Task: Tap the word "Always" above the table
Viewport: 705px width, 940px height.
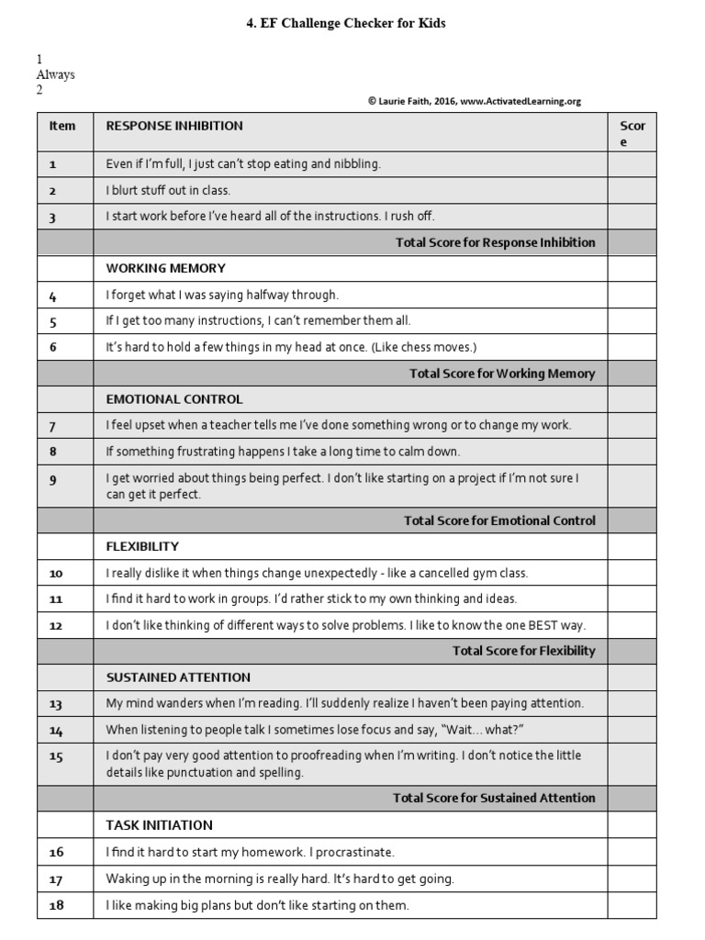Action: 55,74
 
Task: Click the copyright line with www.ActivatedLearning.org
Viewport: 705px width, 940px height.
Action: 474,102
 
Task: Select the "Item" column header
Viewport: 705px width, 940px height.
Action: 62,126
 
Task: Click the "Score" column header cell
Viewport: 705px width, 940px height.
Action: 632,134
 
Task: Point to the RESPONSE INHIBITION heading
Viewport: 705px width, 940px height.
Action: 174,126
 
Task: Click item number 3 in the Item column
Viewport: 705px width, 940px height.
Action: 53,218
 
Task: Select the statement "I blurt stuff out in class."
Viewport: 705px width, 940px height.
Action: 168,191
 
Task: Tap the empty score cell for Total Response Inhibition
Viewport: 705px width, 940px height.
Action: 632,242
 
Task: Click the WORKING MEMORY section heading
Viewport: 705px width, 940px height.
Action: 165,269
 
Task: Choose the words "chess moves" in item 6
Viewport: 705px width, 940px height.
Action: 441,347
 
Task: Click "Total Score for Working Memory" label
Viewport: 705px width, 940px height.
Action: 501,374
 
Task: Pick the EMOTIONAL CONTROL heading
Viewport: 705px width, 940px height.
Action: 174,399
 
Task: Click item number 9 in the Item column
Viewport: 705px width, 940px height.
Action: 53,479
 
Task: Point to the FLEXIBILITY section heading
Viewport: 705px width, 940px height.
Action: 142,546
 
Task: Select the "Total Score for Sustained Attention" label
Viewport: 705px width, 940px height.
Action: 494,798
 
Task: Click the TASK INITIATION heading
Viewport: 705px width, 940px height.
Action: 159,825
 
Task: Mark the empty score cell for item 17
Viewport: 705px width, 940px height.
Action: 632,878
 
